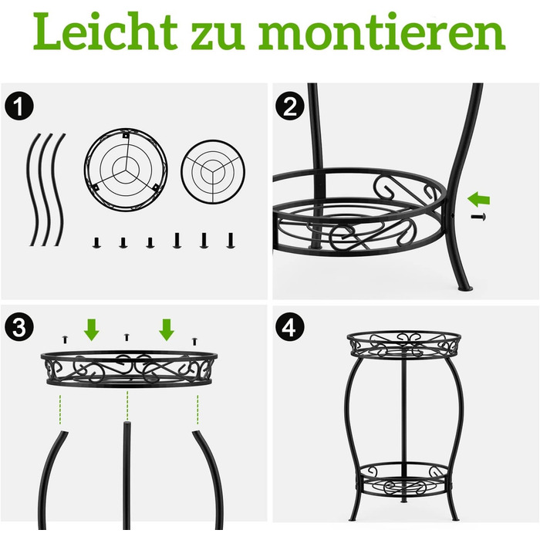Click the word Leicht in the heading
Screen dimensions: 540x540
pyautogui.click(x=105, y=31)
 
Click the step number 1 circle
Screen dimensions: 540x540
pyautogui.click(x=19, y=106)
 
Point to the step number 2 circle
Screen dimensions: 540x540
pyautogui.click(x=290, y=106)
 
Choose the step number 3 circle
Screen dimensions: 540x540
pyautogui.click(x=19, y=327)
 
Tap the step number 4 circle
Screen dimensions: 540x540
pyautogui.click(x=290, y=327)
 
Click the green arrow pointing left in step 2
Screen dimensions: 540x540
pyautogui.click(x=479, y=199)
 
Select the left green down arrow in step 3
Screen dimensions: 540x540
pyautogui.click(x=92, y=329)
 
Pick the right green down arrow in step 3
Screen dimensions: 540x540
pyautogui.click(x=167, y=329)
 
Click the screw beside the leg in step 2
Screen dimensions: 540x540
pyautogui.click(x=479, y=217)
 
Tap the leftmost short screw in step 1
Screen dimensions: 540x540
pyautogui.click(x=96, y=242)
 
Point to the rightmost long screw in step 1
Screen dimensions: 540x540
pyautogui.click(x=231, y=241)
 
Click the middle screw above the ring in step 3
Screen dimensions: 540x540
pyautogui.click(x=127, y=337)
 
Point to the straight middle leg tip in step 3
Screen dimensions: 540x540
pyautogui.click(x=127, y=423)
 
